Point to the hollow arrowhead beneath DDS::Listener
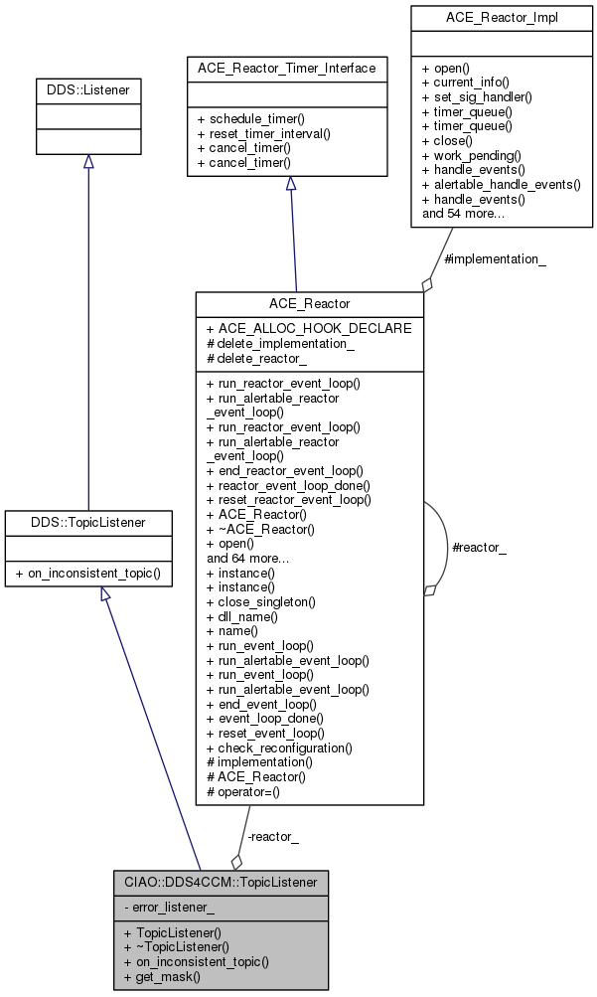[88, 162]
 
